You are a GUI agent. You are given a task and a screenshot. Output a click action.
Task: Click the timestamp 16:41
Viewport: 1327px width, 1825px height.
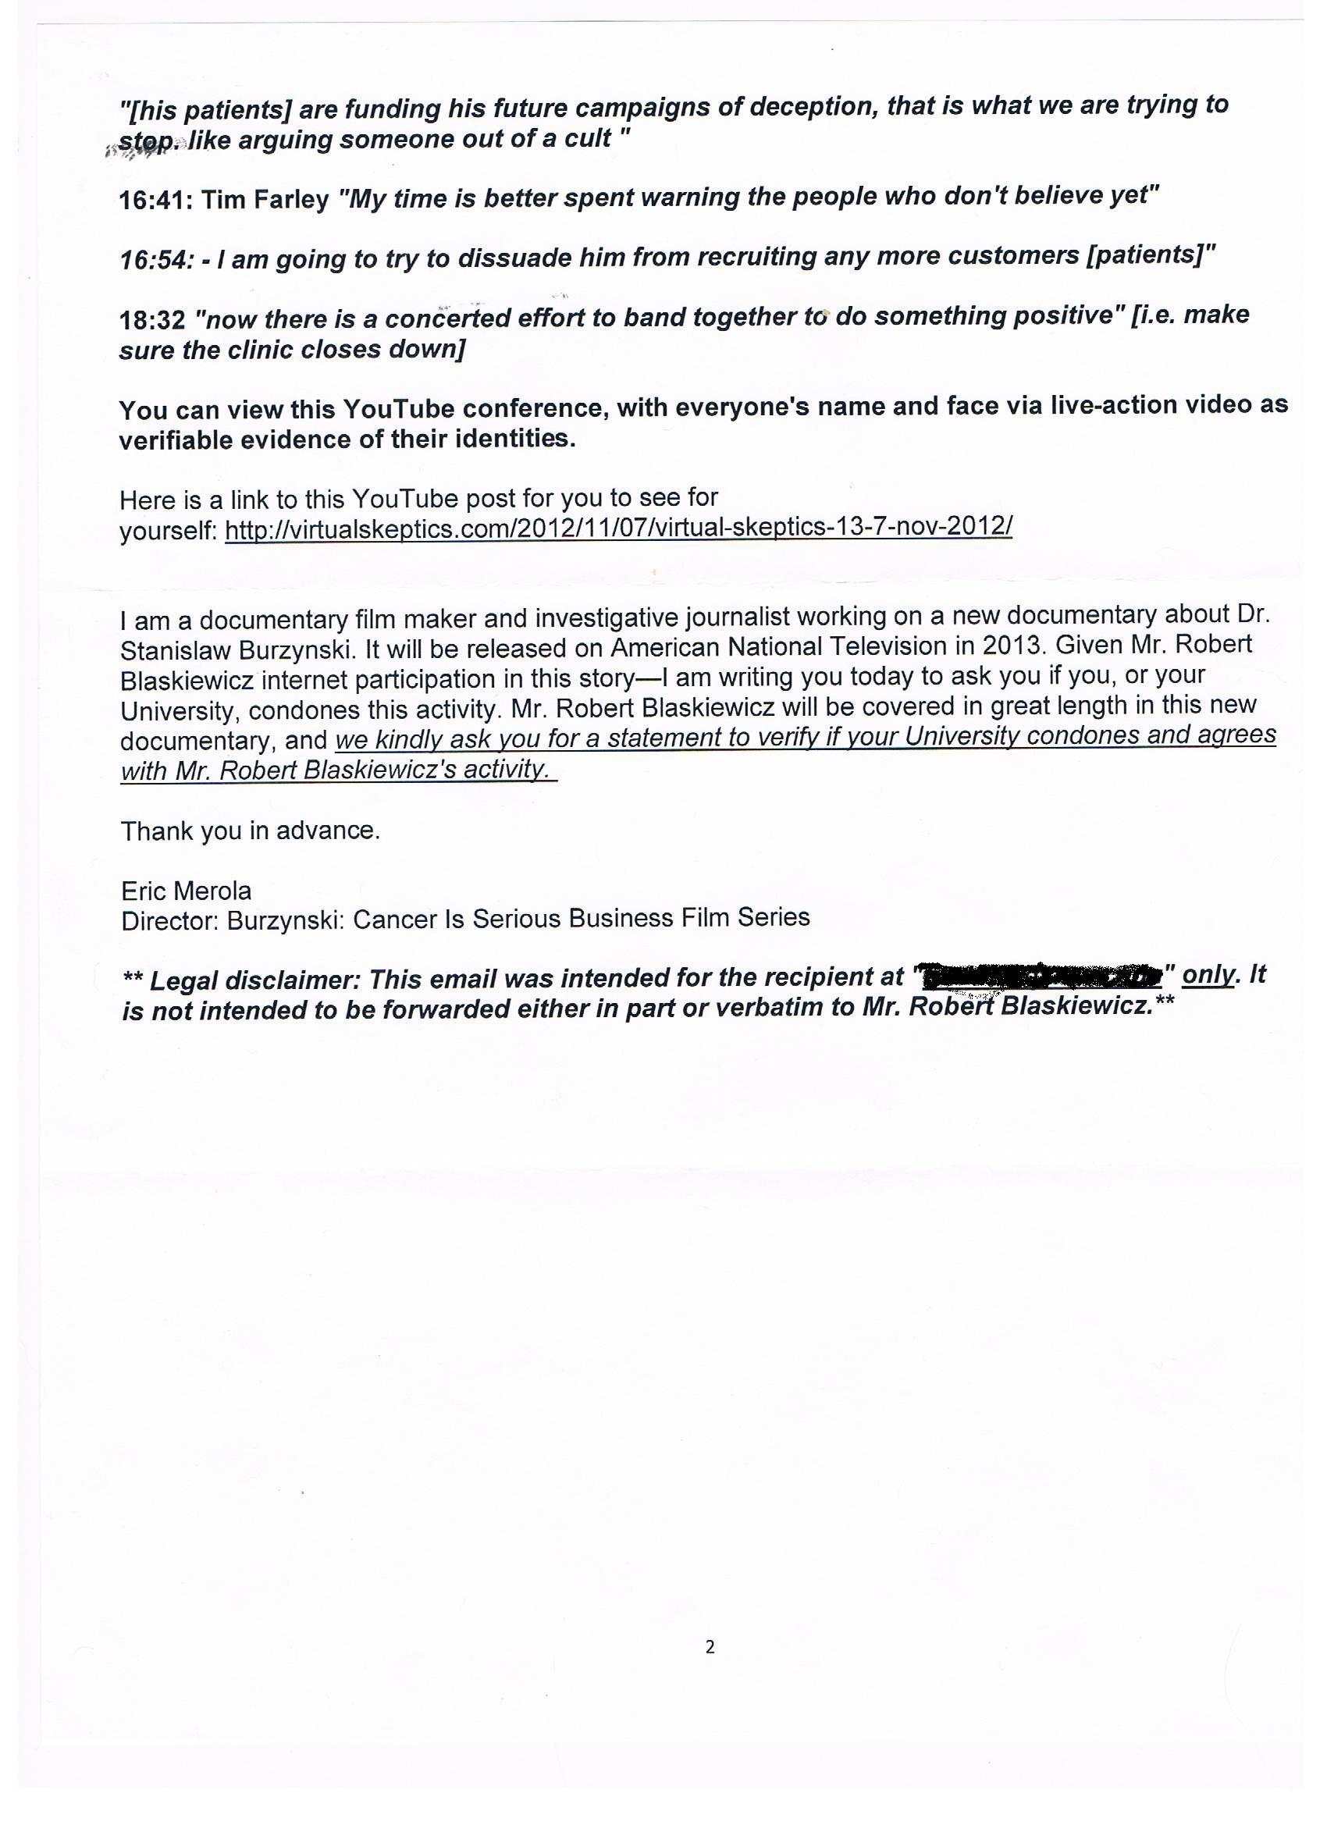154,200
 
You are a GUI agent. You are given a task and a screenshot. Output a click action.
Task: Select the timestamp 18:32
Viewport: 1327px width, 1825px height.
152,320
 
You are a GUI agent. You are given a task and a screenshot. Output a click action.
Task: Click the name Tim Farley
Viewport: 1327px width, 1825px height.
265,199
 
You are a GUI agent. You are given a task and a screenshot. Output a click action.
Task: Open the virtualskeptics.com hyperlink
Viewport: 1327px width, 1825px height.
618,527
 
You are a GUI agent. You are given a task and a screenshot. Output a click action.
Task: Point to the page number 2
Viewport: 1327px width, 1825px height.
709,1648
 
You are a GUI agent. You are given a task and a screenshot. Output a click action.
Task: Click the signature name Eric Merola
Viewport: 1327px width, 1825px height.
186,891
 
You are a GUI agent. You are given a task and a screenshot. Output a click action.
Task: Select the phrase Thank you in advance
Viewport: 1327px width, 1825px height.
251,831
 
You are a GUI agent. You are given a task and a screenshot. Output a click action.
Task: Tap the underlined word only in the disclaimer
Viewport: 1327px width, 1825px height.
1207,974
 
